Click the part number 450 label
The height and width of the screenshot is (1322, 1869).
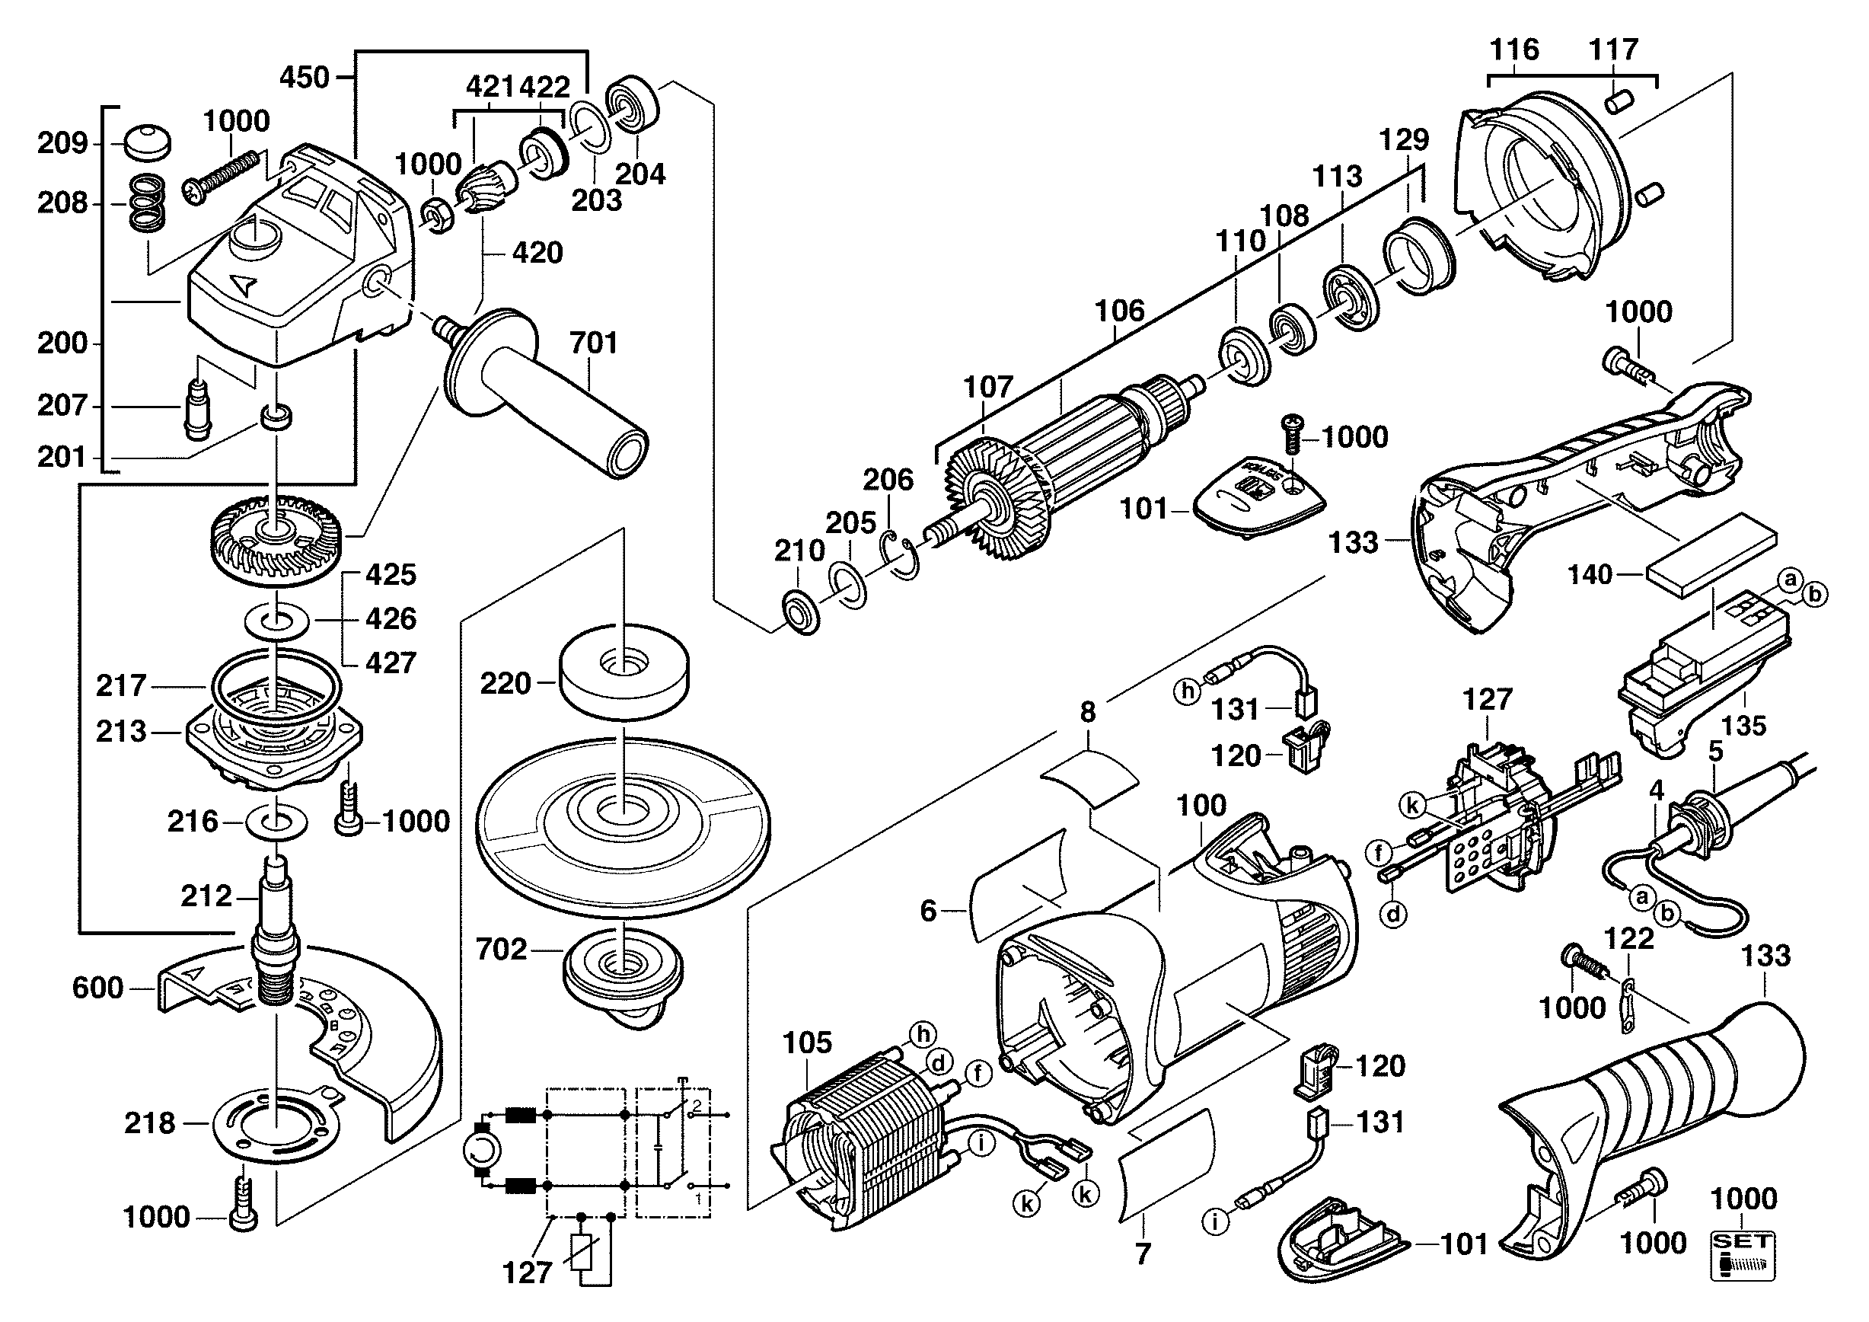(305, 78)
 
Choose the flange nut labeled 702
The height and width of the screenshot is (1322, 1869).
(623, 969)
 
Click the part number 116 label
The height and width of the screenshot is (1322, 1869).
(1514, 50)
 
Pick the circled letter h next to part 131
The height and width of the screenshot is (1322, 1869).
(1187, 692)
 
